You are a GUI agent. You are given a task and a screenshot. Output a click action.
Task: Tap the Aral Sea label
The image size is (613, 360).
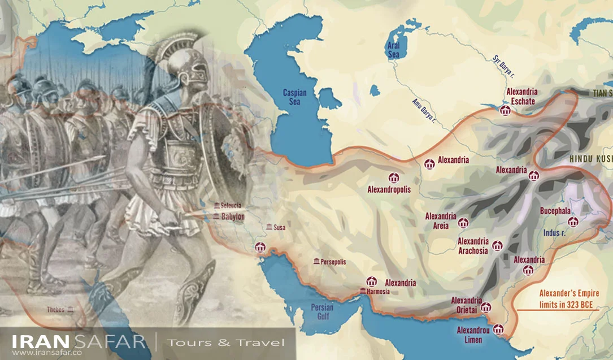click(x=393, y=50)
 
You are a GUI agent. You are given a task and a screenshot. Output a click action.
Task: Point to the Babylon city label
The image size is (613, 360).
click(x=232, y=216)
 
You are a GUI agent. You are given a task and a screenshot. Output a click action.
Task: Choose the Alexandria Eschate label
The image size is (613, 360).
click(x=522, y=96)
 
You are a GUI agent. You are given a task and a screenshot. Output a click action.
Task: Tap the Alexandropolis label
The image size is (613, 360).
click(x=389, y=190)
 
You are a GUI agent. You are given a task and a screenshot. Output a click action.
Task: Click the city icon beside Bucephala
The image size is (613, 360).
click(x=573, y=222)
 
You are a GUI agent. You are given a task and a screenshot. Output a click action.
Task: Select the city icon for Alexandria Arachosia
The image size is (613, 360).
click(x=497, y=246)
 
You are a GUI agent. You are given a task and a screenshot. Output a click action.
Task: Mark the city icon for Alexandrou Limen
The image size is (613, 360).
click(x=498, y=329)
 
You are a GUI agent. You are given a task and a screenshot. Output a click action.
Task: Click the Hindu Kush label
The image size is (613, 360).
click(x=590, y=159)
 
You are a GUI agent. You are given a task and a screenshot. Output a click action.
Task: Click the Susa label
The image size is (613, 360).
click(x=279, y=228)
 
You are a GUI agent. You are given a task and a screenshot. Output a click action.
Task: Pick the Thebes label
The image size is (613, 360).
click(x=56, y=309)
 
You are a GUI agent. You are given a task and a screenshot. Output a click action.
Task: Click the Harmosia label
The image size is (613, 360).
click(x=378, y=292)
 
